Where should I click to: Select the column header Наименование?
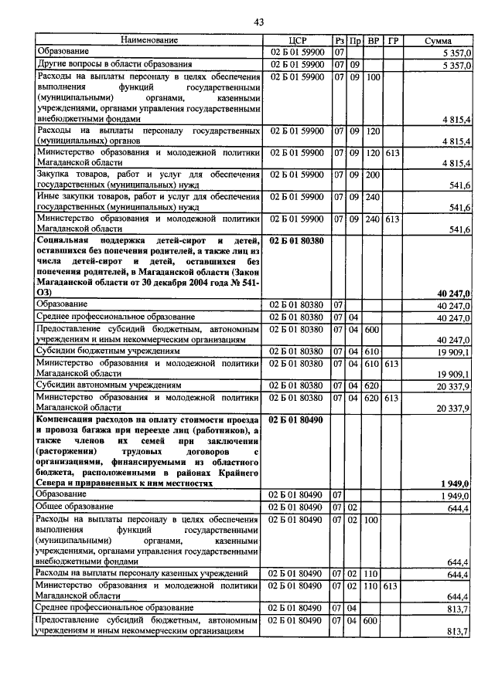point(149,39)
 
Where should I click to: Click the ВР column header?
point(374,39)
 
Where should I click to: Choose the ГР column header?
point(394,39)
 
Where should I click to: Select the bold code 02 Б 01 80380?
point(297,242)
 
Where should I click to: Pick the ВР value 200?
point(374,175)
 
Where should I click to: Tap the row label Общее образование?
point(73,507)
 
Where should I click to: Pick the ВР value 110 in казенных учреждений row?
point(374,574)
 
